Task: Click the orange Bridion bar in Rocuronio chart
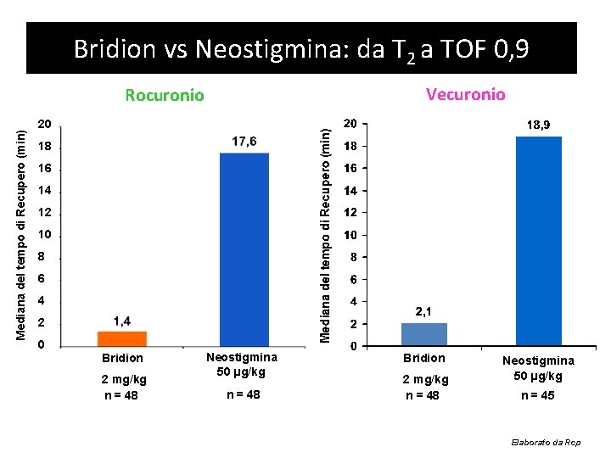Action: coord(122,338)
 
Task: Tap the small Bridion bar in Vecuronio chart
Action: coord(423,334)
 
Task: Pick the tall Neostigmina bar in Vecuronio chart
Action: coord(539,241)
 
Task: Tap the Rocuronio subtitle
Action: coord(165,95)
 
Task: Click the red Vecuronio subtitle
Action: coord(466,93)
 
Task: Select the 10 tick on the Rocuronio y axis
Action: coord(45,234)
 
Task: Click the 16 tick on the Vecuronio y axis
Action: coord(348,169)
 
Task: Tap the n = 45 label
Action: coord(538,394)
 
